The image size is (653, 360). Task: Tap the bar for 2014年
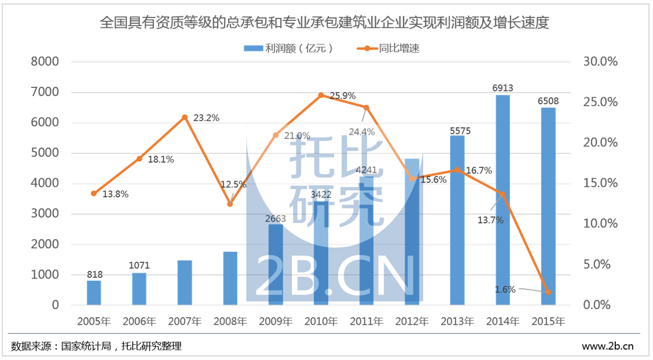[x=502, y=200]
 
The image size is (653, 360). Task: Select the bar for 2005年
[x=94, y=293]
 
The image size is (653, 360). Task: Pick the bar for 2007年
[x=185, y=282]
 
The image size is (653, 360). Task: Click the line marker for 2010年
[x=321, y=95]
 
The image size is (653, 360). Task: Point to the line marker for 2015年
[x=548, y=292]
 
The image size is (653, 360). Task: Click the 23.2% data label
[x=206, y=118]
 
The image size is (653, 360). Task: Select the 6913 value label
[x=502, y=88]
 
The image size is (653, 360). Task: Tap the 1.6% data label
[x=505, y=289]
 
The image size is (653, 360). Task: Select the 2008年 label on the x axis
[x=230, y=321]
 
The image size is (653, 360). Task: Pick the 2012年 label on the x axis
[x=412, y=321]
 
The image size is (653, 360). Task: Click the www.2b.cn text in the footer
[x=607, y=347]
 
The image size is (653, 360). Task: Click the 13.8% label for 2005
[x=115, y=194]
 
